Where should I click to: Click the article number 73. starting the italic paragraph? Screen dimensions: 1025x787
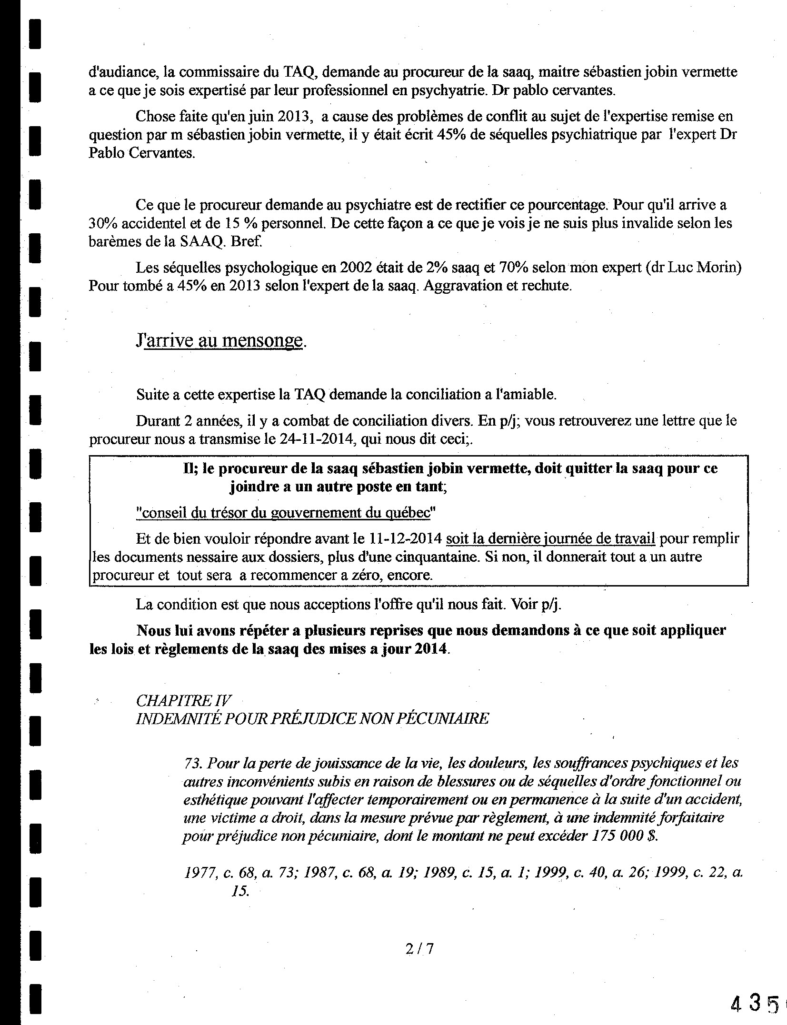click(193, 763)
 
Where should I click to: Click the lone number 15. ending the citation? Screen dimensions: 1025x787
click(240, 891)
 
